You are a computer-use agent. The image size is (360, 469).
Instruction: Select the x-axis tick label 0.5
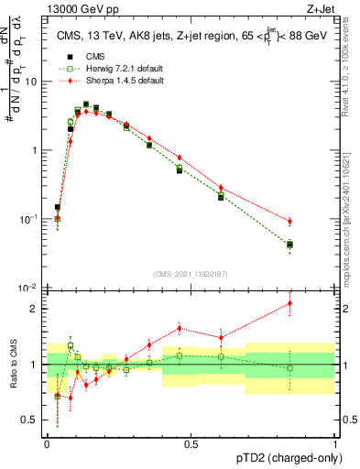(191, 444)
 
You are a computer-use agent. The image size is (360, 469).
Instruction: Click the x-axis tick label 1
(335, 444)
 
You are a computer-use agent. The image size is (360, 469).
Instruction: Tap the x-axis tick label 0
(47, 444)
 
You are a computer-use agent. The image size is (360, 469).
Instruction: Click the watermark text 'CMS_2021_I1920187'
(190, 273)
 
